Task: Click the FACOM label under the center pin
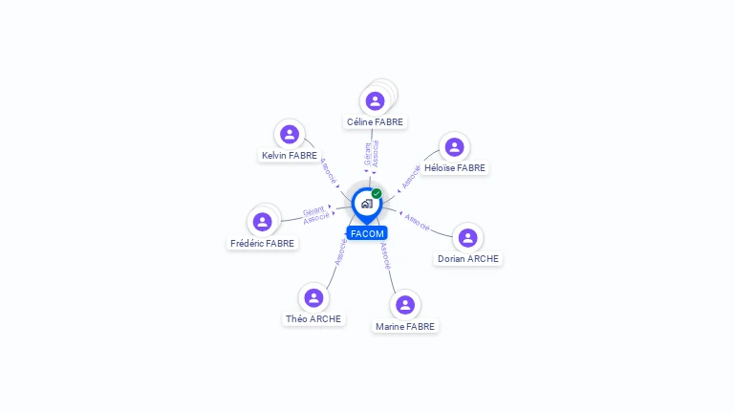click(367, 233)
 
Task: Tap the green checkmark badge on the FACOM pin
click(377, 194)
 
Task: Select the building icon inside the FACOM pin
click(366, 204)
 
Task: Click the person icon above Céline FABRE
click(375, 100)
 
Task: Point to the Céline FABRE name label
click(375, 122)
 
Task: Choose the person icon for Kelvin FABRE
click(290, 134)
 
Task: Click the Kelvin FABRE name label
click(290, 156)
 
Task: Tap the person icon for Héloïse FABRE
click(454, 146)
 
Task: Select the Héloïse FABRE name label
click(455, 168)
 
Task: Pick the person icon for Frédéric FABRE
click(262, 222)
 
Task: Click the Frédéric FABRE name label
click(262, 244)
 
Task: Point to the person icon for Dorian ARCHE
click(467, 237)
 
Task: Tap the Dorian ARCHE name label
click(468, 259)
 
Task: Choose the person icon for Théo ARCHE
click(313, 297)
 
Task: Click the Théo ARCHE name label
click(313, 319)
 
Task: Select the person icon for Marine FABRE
click(405, 305)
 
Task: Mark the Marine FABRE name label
click(405, 327)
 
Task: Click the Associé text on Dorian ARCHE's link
click(418, 221)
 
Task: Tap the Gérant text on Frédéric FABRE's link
click(313, 211)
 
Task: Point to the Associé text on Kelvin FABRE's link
click(328, 170)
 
